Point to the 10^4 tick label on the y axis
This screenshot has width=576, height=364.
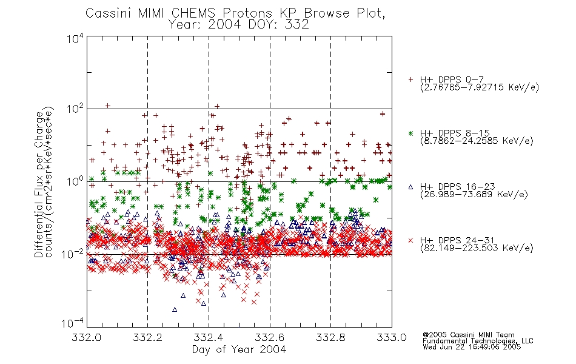[75, 38]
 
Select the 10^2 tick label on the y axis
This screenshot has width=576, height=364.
[75, 109]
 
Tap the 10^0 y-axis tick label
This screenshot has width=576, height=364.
[75, 181]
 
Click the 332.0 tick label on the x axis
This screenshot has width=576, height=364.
[87, 337]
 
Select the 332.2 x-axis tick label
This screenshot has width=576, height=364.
[148, 337]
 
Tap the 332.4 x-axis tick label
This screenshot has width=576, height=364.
[209, 337]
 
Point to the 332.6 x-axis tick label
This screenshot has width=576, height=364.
[270, 337]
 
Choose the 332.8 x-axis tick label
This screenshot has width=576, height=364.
[330, 337]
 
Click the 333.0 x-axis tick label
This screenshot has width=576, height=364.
[392, 337]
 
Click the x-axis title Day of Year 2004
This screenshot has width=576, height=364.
[239, 349]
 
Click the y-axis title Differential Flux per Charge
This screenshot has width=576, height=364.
[39, 184]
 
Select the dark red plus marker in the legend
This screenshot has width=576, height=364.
[410, 79]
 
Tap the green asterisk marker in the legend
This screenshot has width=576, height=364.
[410, 133]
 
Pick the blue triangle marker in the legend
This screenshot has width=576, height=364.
[410, 187]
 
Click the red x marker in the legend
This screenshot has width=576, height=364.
[410, 240]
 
